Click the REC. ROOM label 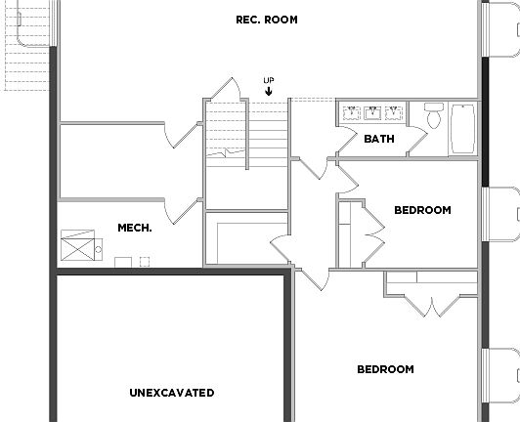[x=267, y=20]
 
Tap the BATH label [x=379, y=139]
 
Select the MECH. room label [x=135, y=228]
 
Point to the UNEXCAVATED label [x=172, y=393]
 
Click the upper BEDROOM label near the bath [x=422, y=210]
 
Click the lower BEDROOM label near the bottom [x=385, y=369]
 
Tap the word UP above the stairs [x=268, y=80]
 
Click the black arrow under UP [x=268, y=91]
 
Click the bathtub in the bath [x=462, y=129]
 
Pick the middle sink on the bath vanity [x=371, y=111]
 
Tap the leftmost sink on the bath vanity [x=351, y=111]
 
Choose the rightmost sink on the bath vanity [x=393, y=111]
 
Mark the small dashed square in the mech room [x=145, y=261]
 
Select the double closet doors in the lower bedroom [x=431, y=298]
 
